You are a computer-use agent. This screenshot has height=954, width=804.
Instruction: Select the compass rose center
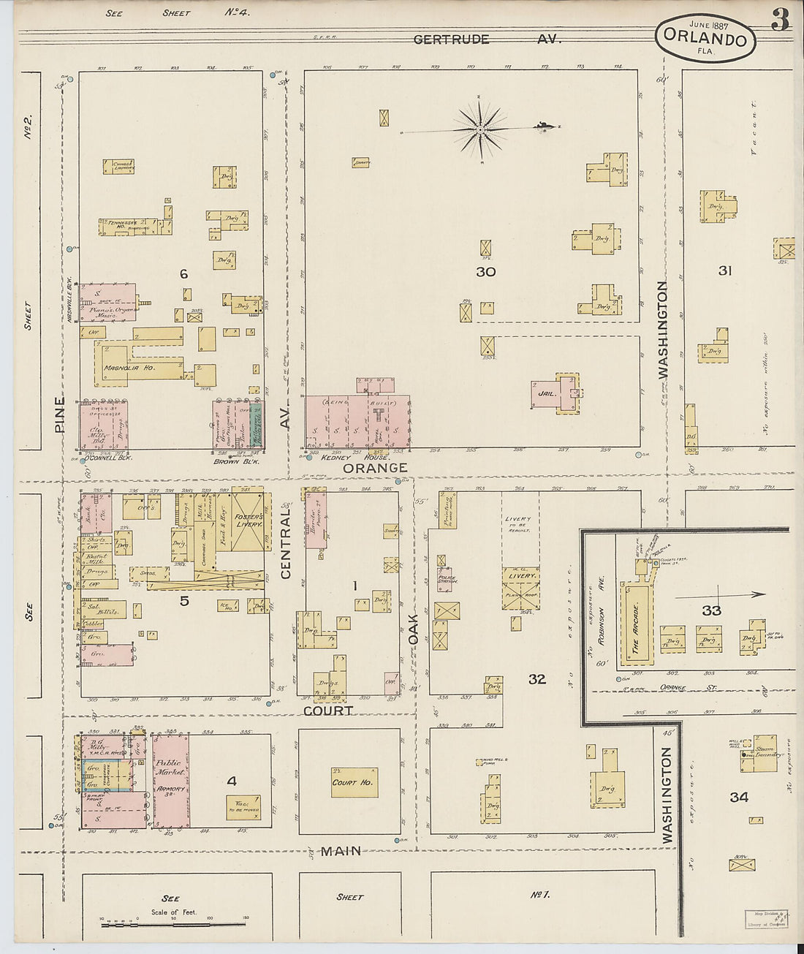point(481,129)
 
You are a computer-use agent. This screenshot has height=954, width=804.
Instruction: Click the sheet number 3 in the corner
point(781,20)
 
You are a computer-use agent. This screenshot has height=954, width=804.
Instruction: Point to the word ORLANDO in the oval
point(705,39)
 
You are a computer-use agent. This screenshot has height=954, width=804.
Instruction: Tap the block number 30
point(485,272)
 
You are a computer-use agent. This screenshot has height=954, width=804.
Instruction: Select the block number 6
point(183,274)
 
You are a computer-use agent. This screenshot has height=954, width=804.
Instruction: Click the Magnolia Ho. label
point(130,368)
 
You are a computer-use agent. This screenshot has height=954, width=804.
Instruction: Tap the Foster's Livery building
point(248,520)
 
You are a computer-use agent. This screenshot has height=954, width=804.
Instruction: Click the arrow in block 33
point(720,595)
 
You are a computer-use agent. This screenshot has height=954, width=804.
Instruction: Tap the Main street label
point(341,851)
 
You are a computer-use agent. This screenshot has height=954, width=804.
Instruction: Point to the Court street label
point(328,710)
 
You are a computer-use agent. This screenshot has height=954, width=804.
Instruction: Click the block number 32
point(537,679)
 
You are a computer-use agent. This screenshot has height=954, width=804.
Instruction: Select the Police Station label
point(446,579)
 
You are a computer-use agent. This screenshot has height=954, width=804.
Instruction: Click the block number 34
point(739,797)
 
